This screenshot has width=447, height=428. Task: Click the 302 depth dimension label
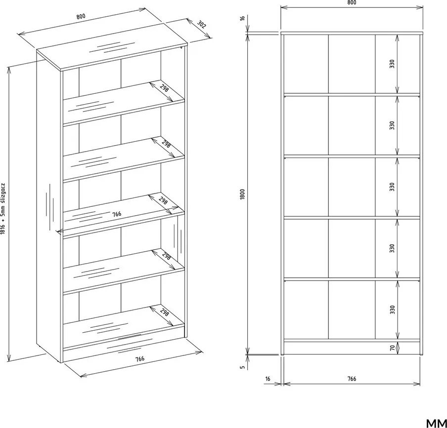pyautogui.click(x=201, y=25)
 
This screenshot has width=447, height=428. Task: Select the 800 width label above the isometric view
pyautogui.click(x=81, y=16)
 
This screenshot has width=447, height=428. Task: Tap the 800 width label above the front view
pyautogui.click(x=352, y=2)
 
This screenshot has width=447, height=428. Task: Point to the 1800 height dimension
pyautogui.click(x=243, y=194)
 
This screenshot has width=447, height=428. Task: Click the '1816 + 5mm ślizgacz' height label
pyautogui.click(x=3, y=208)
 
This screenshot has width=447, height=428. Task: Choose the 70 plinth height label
pyautogui.click(x=392, y=348)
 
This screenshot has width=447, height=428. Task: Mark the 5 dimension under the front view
pyautogui.click(x=243, y=367)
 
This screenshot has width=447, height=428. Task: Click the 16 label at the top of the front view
pyautogui.click(x=243, y=18)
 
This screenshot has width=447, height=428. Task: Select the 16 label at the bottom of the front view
pyautogui.click(x=268, y=379)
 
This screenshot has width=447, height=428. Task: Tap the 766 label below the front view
pyautogui.click(x=352, y=379)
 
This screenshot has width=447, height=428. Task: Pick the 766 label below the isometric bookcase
pyautogui.click(x=140, y=358)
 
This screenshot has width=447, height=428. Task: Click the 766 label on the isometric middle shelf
pyautogui.click(x=117, y=214)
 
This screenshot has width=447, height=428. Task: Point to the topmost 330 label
pyautogui.click(x=392, y=64)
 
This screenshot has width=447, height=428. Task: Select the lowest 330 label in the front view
pyautogui.click(x=392, y=310)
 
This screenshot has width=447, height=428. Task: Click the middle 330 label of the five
pyautogui.click(x=392, y=187)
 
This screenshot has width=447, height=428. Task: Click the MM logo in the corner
pyautogui.click(x=437, y=424)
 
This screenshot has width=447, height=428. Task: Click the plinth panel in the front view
pyautogui.click(x=352, y=348)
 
